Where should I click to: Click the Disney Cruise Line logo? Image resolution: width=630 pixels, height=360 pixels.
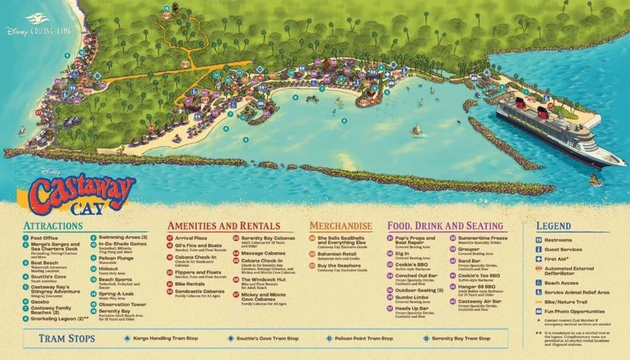[x=39, y=30]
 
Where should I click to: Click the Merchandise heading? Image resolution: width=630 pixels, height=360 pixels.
[x=340, y=226]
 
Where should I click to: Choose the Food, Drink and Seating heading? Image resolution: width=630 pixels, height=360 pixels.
[x=445, y=226]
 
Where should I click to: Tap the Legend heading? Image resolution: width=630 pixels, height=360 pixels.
[x=553, y=226]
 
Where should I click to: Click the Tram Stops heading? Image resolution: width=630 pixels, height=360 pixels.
[x=67, y=339]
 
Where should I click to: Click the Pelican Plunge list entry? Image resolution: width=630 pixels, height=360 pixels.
[x=115, y=258]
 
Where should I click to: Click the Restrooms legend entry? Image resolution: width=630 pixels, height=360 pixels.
[x=558, y=239]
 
